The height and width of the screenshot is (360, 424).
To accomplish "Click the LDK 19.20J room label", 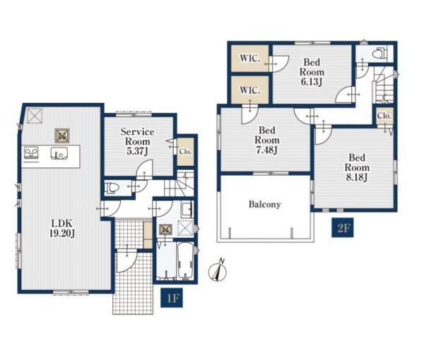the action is click(62, 228).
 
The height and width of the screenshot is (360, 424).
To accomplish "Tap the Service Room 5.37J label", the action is click(138, 141).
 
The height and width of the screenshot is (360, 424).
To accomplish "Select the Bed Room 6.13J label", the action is click(312, 72).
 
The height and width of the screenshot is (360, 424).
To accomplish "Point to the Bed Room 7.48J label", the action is click(267, 140).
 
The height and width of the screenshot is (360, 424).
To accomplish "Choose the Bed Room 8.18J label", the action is click(357, 167).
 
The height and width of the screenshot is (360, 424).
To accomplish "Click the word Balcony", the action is click(264, 205).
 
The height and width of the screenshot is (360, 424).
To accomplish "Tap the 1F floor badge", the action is click(172, 298).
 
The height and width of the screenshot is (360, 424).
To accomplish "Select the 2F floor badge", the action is click(343, 227).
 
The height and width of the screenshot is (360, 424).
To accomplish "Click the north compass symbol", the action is click(218, 271).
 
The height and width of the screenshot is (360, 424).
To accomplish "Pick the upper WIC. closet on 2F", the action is click(250, 59).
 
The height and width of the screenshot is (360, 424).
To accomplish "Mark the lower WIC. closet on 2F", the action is click(250, 90).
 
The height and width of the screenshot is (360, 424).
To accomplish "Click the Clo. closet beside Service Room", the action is click(185, 152).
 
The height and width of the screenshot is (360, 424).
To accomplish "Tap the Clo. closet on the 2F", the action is click(384, 116).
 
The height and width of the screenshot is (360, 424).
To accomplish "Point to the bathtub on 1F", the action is click(185, 260).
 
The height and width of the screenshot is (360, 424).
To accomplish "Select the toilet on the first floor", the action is click(112, 188).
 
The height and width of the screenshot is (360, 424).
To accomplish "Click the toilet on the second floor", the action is click(380, 54).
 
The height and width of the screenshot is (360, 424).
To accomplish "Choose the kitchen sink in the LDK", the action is click(59, 154).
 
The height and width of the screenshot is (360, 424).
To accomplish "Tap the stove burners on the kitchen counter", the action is click(31, 153).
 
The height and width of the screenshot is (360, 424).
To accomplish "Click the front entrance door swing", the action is click(126, 261).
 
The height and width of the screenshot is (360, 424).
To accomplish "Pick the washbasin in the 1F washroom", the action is click(187, 210).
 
